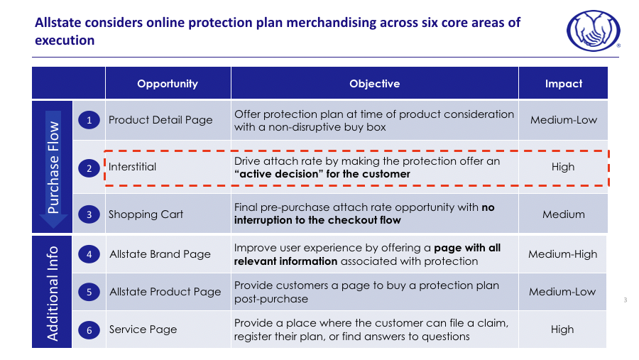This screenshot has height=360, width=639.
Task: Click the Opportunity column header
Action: (x=168, y=84)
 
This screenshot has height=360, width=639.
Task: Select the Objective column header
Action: (x=374, y=84)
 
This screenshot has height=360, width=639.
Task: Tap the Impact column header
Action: (x=563, y=84)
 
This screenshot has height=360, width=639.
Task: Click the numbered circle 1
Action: (x=89, y=121)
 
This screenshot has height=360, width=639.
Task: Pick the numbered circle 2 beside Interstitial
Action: (x=89, y=168)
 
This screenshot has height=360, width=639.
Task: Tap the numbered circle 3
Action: (x=89, y=214)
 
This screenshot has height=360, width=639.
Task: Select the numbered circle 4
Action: (x=89, y=254)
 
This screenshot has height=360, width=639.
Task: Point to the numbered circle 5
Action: (x=89, y=292)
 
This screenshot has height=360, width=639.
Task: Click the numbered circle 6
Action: (x=89, y=330)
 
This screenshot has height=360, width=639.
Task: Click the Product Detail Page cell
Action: (x=160, y=120)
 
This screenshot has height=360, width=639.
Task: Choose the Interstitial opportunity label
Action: (x=133, y=168)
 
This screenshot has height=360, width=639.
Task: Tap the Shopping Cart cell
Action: (x=146, y=214)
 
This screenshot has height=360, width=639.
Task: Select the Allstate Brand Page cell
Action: (x=160, y=254)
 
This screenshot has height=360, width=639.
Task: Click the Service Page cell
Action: (x=143, y=329)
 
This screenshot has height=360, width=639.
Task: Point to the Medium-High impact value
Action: (x=563, y=254)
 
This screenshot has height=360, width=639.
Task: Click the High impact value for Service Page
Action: (x=563, y=329)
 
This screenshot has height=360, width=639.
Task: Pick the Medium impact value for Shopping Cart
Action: (x=563, y=214)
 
